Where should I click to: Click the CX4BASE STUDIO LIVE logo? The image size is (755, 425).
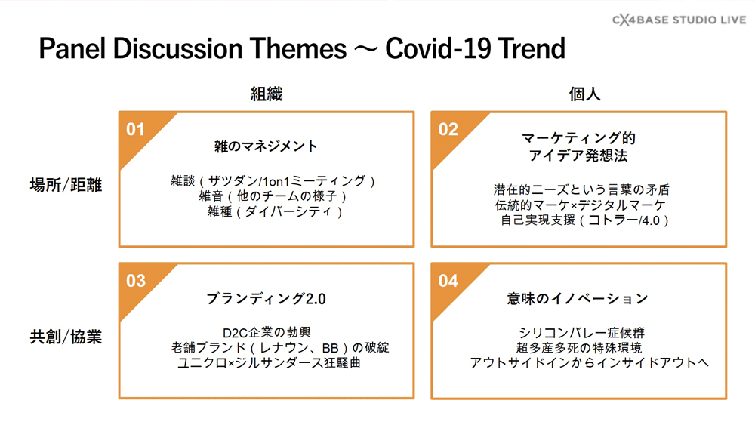tap(679, 20)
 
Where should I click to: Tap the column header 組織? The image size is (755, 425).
tap(267, 94)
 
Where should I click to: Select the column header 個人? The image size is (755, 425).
tap(584, 94)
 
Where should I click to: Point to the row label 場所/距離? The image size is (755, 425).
tap(66, 185)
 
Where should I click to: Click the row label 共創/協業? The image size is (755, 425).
tap(66, 337)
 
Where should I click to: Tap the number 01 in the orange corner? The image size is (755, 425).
tap(135, 130)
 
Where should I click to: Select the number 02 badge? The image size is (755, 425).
tap(448, 130)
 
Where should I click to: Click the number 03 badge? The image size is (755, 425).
tap(136, 281)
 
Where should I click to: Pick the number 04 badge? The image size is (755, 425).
tap(448, 281)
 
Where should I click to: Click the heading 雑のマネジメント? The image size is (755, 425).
tap(266, 146)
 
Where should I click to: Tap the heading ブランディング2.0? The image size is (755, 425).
tap(266, 299)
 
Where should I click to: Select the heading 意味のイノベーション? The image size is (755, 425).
tap(578, 299)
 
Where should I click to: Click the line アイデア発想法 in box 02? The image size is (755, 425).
tap(578, 156)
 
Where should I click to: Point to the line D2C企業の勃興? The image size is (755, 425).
tap(267, 333)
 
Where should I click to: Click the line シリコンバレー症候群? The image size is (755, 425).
tap(581, 333)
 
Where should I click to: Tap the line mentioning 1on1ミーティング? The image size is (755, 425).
tap(273, 181)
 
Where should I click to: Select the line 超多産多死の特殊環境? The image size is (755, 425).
tap(579, 347)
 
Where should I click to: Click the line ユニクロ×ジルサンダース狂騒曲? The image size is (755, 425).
tap(270, 362)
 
